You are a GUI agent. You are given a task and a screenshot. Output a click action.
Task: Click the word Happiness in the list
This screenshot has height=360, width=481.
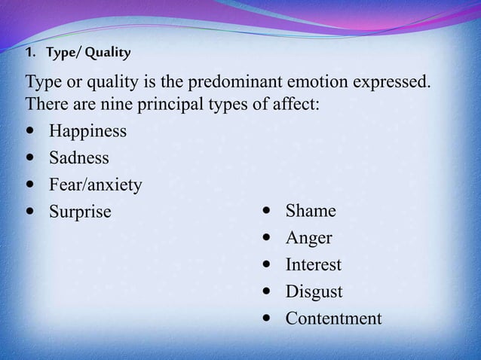pyautogui.click(x=87, y=132)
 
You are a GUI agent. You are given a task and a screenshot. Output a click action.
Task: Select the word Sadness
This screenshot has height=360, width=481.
pyautogui.click(x=79, y=158)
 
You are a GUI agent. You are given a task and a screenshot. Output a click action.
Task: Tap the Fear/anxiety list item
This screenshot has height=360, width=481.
pyautogui.click(x=95, y=185)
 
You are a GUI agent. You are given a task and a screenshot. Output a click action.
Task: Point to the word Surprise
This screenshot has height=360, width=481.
pyautogui.click(x=80, y=212)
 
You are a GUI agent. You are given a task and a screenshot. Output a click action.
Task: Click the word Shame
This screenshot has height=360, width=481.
pyautogui.click(x=311, y=211)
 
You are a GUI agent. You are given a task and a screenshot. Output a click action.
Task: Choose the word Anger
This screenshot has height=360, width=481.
pyautogui.click(x=308, y=239)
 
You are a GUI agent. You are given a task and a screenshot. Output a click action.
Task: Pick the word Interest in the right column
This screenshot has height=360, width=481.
pyautogui.click(x=313, y=265)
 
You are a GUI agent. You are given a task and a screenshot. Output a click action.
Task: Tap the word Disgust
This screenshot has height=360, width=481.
pyautogui.click(x=314, y=291)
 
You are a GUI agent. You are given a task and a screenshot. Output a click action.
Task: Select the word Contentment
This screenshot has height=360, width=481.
pyautogui.click(x=333, y=319)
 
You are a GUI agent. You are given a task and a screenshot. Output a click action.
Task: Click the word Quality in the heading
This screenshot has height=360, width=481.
pyautogui.click(x=109, y=53)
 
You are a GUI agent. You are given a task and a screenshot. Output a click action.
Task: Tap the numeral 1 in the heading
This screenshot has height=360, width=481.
pyautogui.click(x=29, y=53)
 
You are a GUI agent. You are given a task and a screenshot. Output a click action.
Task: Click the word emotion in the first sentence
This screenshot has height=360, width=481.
pyautogui.click(x=319, y=81)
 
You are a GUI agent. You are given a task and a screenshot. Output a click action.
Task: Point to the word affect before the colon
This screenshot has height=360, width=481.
pyautogui.click(x=294, y=103)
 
